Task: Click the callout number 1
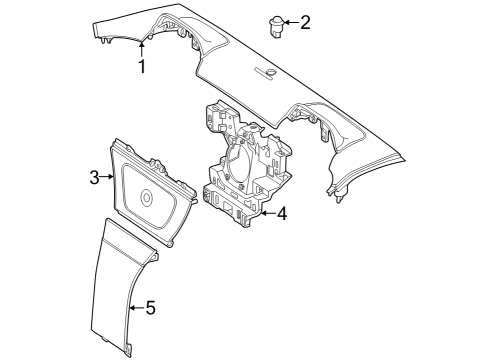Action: (x=142, y=66)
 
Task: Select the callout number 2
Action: (x=305, y=23)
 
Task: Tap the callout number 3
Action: (x=95, y=177)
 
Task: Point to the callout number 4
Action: (x=282, y=213)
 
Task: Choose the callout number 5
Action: (x=151, y=308)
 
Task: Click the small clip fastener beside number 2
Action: (x=276, y=27)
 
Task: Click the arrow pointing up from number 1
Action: (x=142, y=49)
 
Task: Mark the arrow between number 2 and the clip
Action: (x=292, y=23)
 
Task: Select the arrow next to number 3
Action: (x=107, y=177)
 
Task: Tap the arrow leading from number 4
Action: (x=268, y=213)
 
